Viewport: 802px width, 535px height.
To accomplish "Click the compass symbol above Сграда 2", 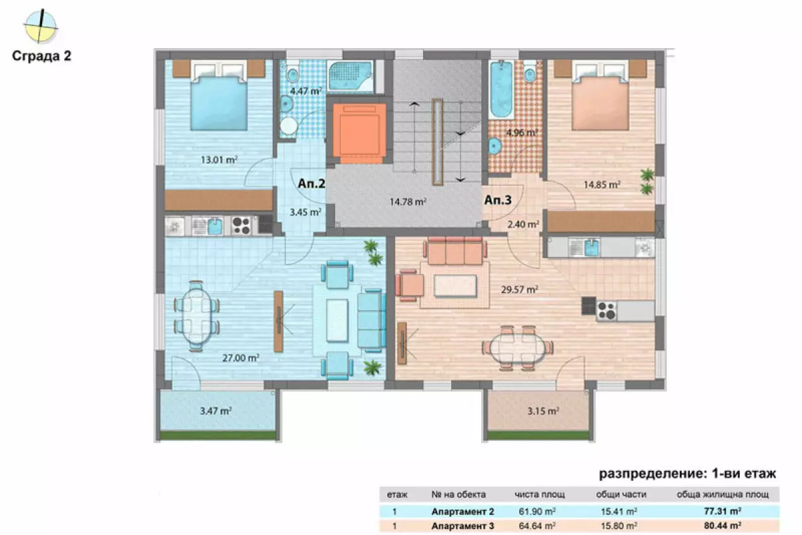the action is click(41, 26).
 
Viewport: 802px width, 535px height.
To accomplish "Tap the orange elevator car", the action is click(360, 131).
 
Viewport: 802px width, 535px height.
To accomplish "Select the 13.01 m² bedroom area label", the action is click(219, 159).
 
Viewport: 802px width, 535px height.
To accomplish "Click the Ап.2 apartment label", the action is click(311, 183).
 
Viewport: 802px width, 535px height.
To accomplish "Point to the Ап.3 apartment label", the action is click(498, 200).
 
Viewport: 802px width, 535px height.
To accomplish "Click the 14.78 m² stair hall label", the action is click(408, 202).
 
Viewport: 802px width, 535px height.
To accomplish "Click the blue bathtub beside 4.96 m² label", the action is click(501, 90).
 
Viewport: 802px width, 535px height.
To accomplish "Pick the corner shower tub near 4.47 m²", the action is click(350, 76).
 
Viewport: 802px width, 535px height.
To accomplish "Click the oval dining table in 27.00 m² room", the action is click(196, 316).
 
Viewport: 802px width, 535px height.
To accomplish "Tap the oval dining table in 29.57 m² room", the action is click(518, 347).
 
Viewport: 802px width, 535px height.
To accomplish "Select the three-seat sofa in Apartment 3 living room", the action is click(455, 251).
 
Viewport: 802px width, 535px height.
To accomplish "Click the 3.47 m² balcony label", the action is click(216, 411).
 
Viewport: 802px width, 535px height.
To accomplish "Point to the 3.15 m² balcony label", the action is click(543, 411).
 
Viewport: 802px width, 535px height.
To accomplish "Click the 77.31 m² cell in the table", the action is click(722, 511).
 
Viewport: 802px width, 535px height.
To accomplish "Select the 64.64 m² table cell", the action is click(537, 526).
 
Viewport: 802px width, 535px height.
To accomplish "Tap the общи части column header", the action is click(621, 494).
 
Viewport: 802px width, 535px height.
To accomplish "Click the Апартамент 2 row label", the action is click(462, 512).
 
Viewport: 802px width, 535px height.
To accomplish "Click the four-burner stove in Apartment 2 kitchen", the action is click(241, 226).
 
